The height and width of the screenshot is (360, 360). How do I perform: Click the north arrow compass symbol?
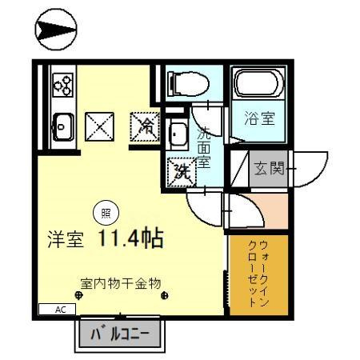click(x=55, y=31)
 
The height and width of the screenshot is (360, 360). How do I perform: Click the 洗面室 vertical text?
click(x=203, y=146)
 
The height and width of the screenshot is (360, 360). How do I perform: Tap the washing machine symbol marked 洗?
click(x=181, y=170)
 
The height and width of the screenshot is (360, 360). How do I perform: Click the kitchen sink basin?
click(x=62, y=125)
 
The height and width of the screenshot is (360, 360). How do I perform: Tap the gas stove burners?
click(x=62, y=83)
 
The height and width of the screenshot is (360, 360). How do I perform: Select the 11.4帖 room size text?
click(x=131, y=238)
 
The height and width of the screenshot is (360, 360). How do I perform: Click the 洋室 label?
click(x=65, y=240)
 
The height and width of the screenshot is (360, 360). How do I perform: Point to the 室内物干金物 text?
click(x=121, y=282)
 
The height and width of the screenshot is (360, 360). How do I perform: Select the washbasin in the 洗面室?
click(x=178, y=134)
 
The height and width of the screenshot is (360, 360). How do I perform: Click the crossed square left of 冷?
click(x=100, y=125)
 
